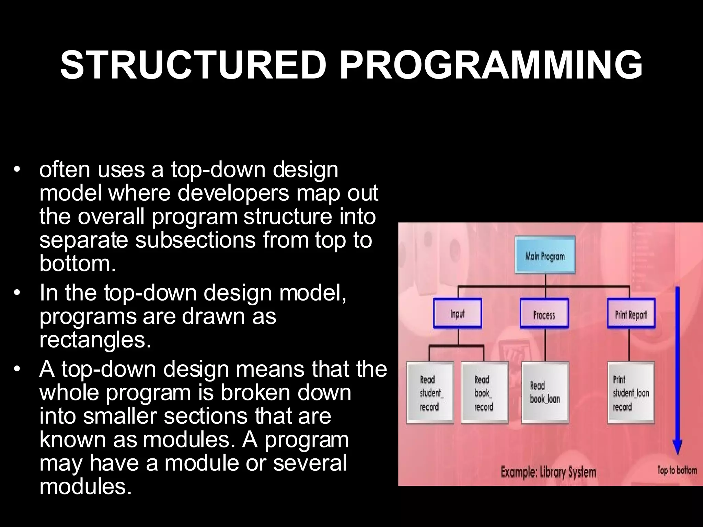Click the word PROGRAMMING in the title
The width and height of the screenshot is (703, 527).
click(491, 65)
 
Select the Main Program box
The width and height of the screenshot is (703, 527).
click(545, 255)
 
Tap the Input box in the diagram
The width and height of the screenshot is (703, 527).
click(457, 314)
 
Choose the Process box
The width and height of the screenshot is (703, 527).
click(544, 314)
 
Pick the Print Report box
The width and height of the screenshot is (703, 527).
click(631, 314)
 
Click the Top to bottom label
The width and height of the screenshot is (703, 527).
click(677, 470)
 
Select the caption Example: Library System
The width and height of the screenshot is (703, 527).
click(548, 472)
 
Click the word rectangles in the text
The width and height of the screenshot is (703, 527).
click(95, 340)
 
